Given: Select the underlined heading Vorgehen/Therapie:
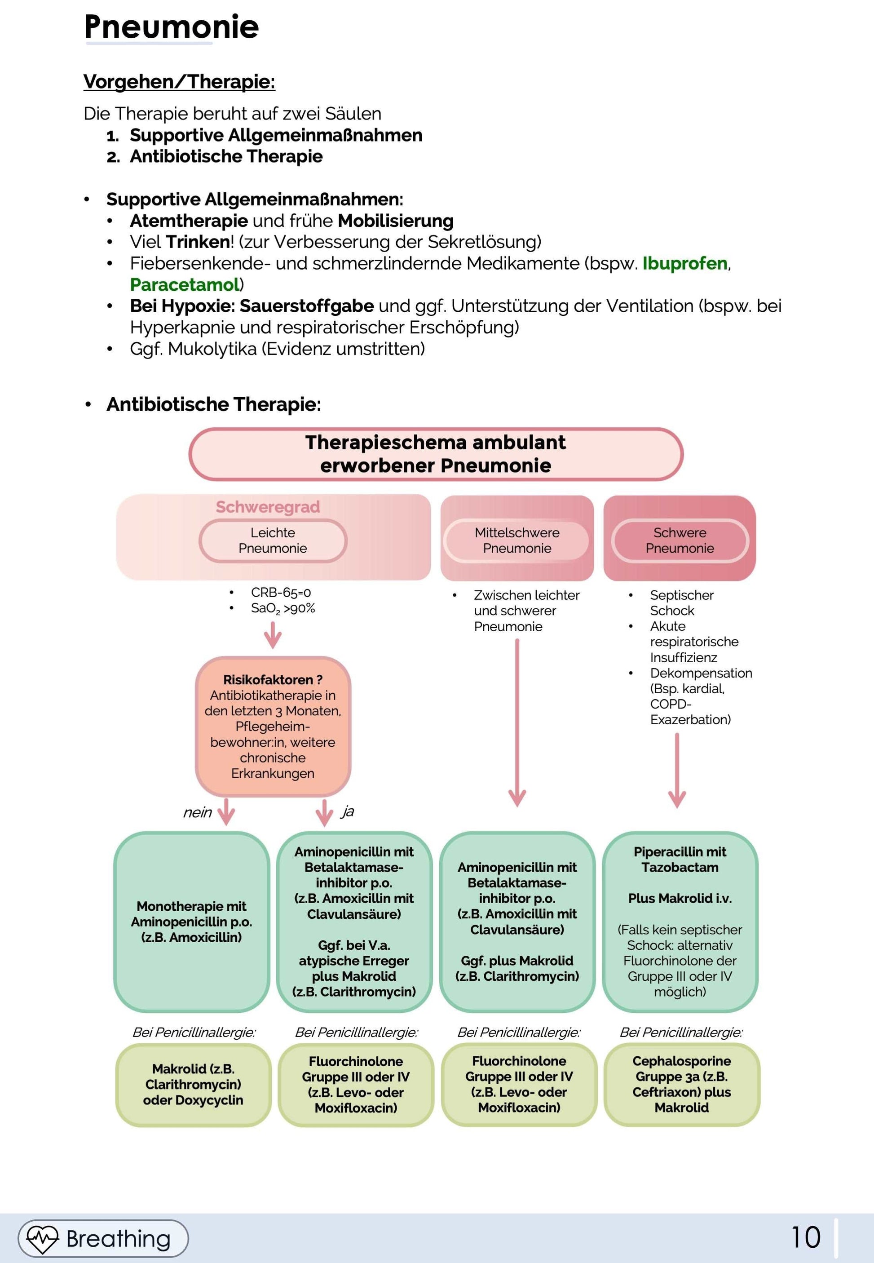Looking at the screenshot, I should [179, 82].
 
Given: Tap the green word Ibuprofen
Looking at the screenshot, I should [684, 263].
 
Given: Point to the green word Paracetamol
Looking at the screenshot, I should [185, 285].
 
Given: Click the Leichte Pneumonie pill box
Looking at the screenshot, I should [273, 541].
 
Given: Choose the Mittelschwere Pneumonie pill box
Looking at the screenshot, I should [516, 541].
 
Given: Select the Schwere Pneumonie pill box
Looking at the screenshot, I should [680, 541].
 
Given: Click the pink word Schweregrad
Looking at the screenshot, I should [268, 507].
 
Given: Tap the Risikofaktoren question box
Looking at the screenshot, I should [273, 726].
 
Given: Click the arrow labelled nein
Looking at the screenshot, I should [226, 812].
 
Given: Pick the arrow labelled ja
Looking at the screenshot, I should [324, 812].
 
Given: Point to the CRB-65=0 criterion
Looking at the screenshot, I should [280, 593].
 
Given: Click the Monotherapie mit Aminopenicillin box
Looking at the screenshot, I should [192, 922].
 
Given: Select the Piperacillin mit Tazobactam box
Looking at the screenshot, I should [680, 922].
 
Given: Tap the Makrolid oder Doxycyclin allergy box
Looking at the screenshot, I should [193, 1085].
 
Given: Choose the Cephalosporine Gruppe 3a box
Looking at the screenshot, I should [682, 1085].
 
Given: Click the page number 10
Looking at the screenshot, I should [806, 1237].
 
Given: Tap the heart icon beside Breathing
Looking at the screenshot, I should [43, 1238].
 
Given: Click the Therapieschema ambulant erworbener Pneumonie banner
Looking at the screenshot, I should [436, 454].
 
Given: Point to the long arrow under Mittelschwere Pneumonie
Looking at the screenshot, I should [517, 723].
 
